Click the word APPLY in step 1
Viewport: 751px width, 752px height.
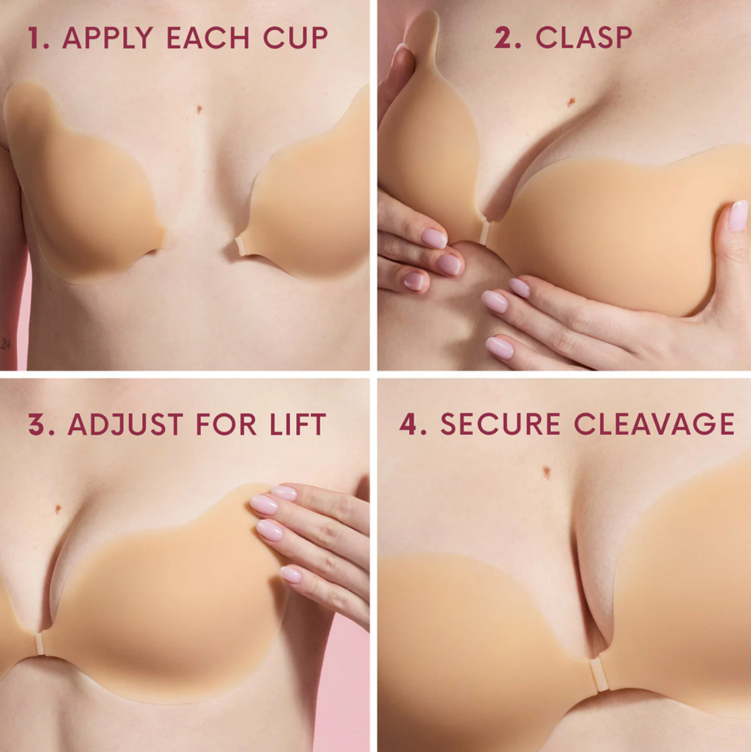107,38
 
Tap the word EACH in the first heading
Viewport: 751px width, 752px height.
208,38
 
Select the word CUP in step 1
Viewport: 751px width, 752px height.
296,38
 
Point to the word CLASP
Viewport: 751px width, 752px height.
584,38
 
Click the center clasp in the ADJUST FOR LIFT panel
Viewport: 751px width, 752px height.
39,643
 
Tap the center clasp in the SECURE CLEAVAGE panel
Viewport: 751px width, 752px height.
599,674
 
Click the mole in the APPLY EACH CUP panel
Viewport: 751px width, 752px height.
199,109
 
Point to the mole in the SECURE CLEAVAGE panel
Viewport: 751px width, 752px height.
546,472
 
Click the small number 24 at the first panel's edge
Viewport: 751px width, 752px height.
6,344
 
